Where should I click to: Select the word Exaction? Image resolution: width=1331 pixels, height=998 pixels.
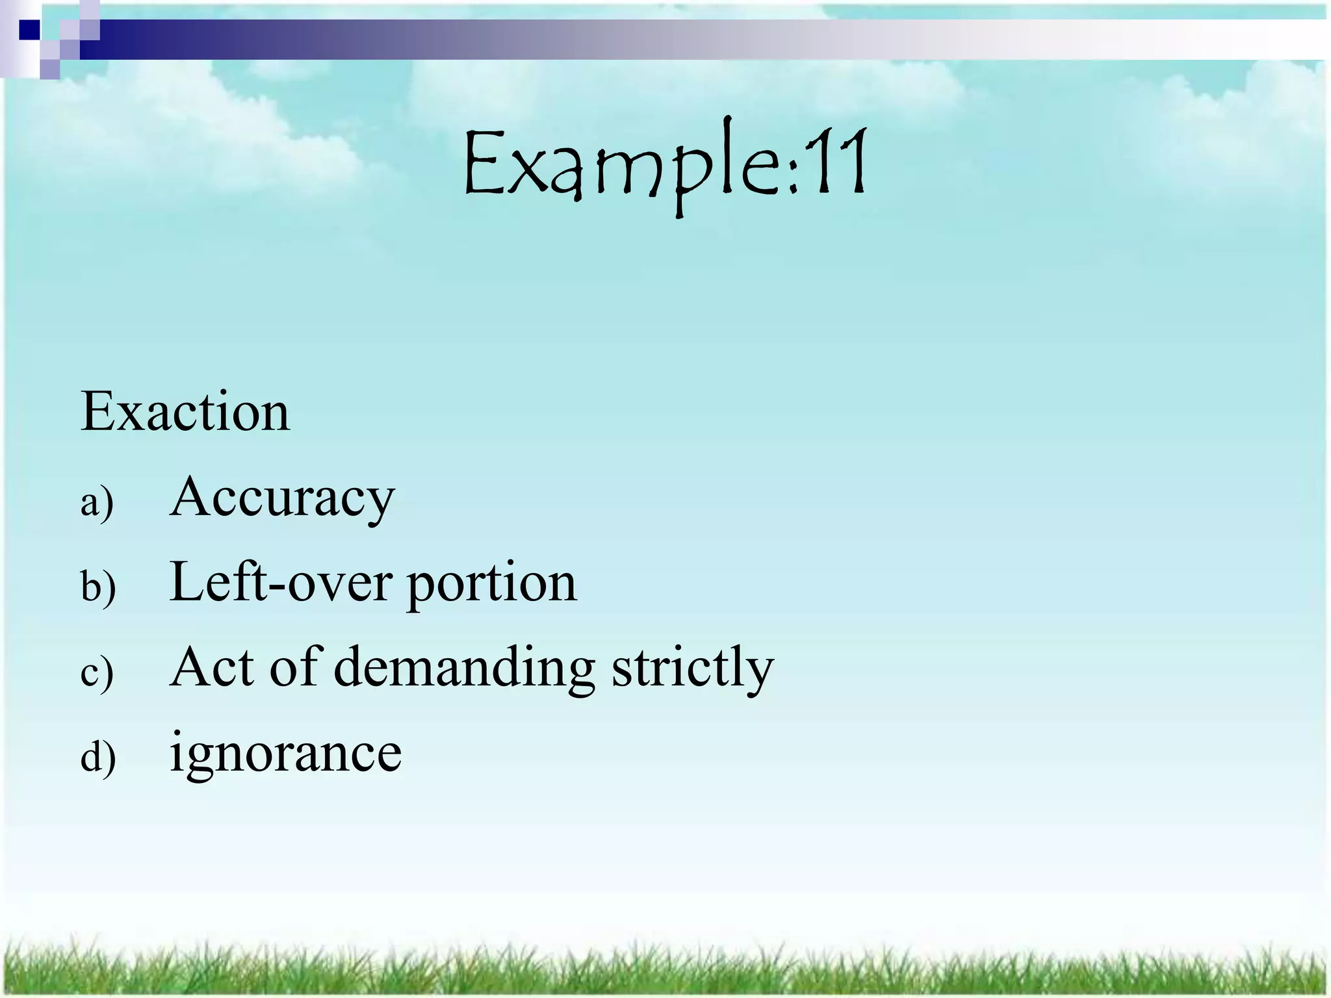pyautogui.click(x=185, y=412)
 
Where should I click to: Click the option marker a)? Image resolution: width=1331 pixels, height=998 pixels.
pyautogui.click(x=97, y=502)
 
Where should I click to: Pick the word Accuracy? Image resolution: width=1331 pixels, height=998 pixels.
pyautogui.click(x=282, y=497)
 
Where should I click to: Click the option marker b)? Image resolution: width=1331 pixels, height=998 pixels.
pyautogui.click(x=98, y=587)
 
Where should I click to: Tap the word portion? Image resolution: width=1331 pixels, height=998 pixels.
pyautogui.click(x=492, y=585)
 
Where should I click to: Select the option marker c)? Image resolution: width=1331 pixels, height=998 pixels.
pyautogui.click(x=97, y=672)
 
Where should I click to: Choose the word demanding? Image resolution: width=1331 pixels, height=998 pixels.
pyautogui.click(x=464, y=669)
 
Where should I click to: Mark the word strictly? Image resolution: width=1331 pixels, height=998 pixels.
pyautogui.click(x=693, y=669)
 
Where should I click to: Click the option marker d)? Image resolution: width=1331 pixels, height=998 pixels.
pyautogui.click(x=98, y=757)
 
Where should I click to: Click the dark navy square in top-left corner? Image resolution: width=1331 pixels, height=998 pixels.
pyautogui.click(x=29, y=29)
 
